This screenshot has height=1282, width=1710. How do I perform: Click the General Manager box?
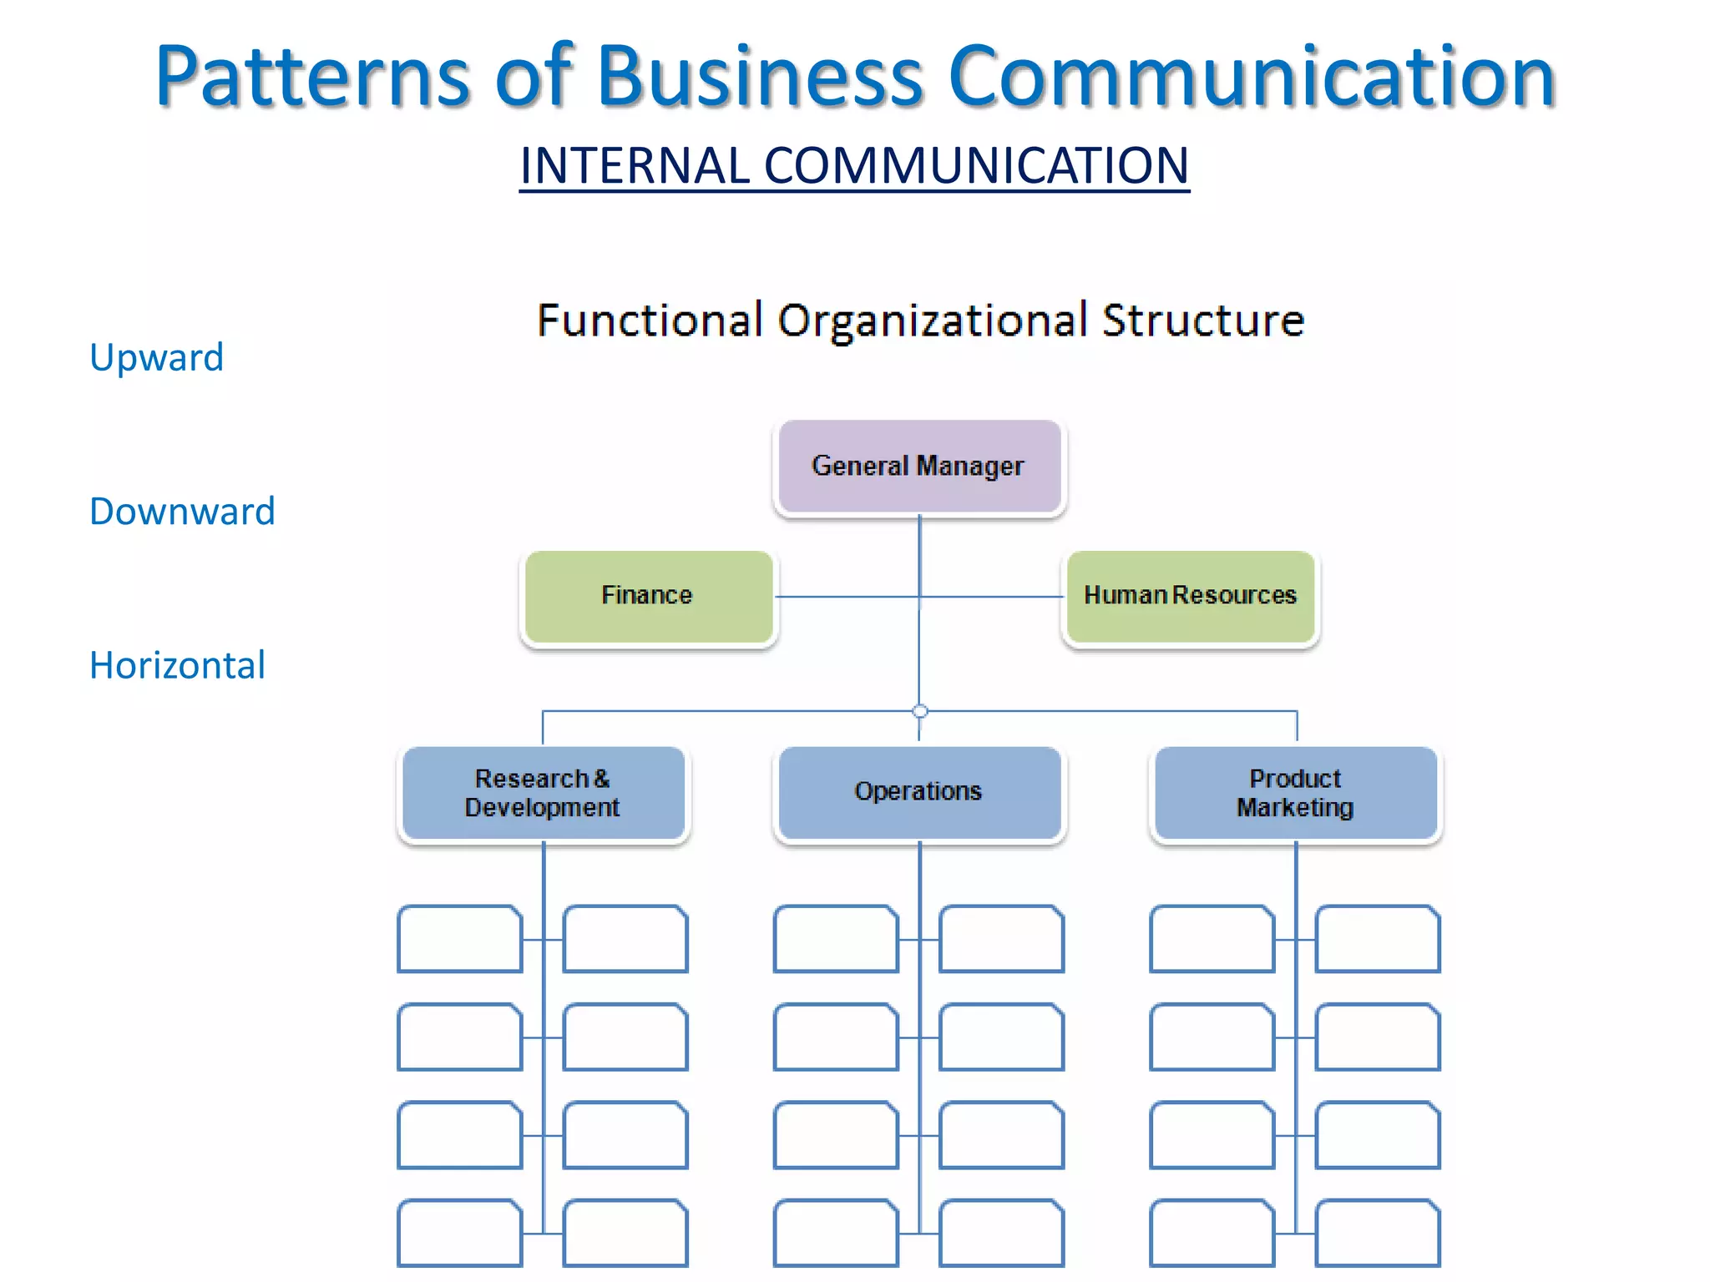pyautogui.click(x=918, y=466)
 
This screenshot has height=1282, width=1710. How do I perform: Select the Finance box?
pyautogui.click(x=648, y=596)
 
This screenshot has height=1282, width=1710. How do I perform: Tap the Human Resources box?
pyautogui.click(x=1190, y=596)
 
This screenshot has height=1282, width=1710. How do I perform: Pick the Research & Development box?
pyautogui.click(x=543, y=793)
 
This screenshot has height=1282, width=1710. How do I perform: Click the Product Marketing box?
pyautogui.click(x=1295, y=793)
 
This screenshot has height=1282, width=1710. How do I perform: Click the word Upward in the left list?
pyautogui.click(x=156, y=357)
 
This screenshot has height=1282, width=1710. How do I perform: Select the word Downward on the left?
pyautogui.click(x=182, y=512)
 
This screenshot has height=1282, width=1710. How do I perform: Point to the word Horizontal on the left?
pyautogui.click(x=177, y=666)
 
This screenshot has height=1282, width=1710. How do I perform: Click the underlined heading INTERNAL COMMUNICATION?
pyautogui.click(x=854, y=165)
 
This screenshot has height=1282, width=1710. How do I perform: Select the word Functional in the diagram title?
pyautogui.click(x=650, y=320)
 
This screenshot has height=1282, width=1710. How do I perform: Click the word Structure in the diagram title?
pyautogui.click(x=1202, y=320)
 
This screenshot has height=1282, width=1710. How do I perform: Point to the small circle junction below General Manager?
pyautogui.click(x=920, y=711)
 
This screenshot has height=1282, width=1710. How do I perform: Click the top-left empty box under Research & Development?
pyautogui.click(x=459, y=939)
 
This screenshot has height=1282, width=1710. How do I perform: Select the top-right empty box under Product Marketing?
pyautogui.click(x=1378, y=939)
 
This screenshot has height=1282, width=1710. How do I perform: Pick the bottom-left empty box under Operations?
pyautogui.click(x=835, y=1233)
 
